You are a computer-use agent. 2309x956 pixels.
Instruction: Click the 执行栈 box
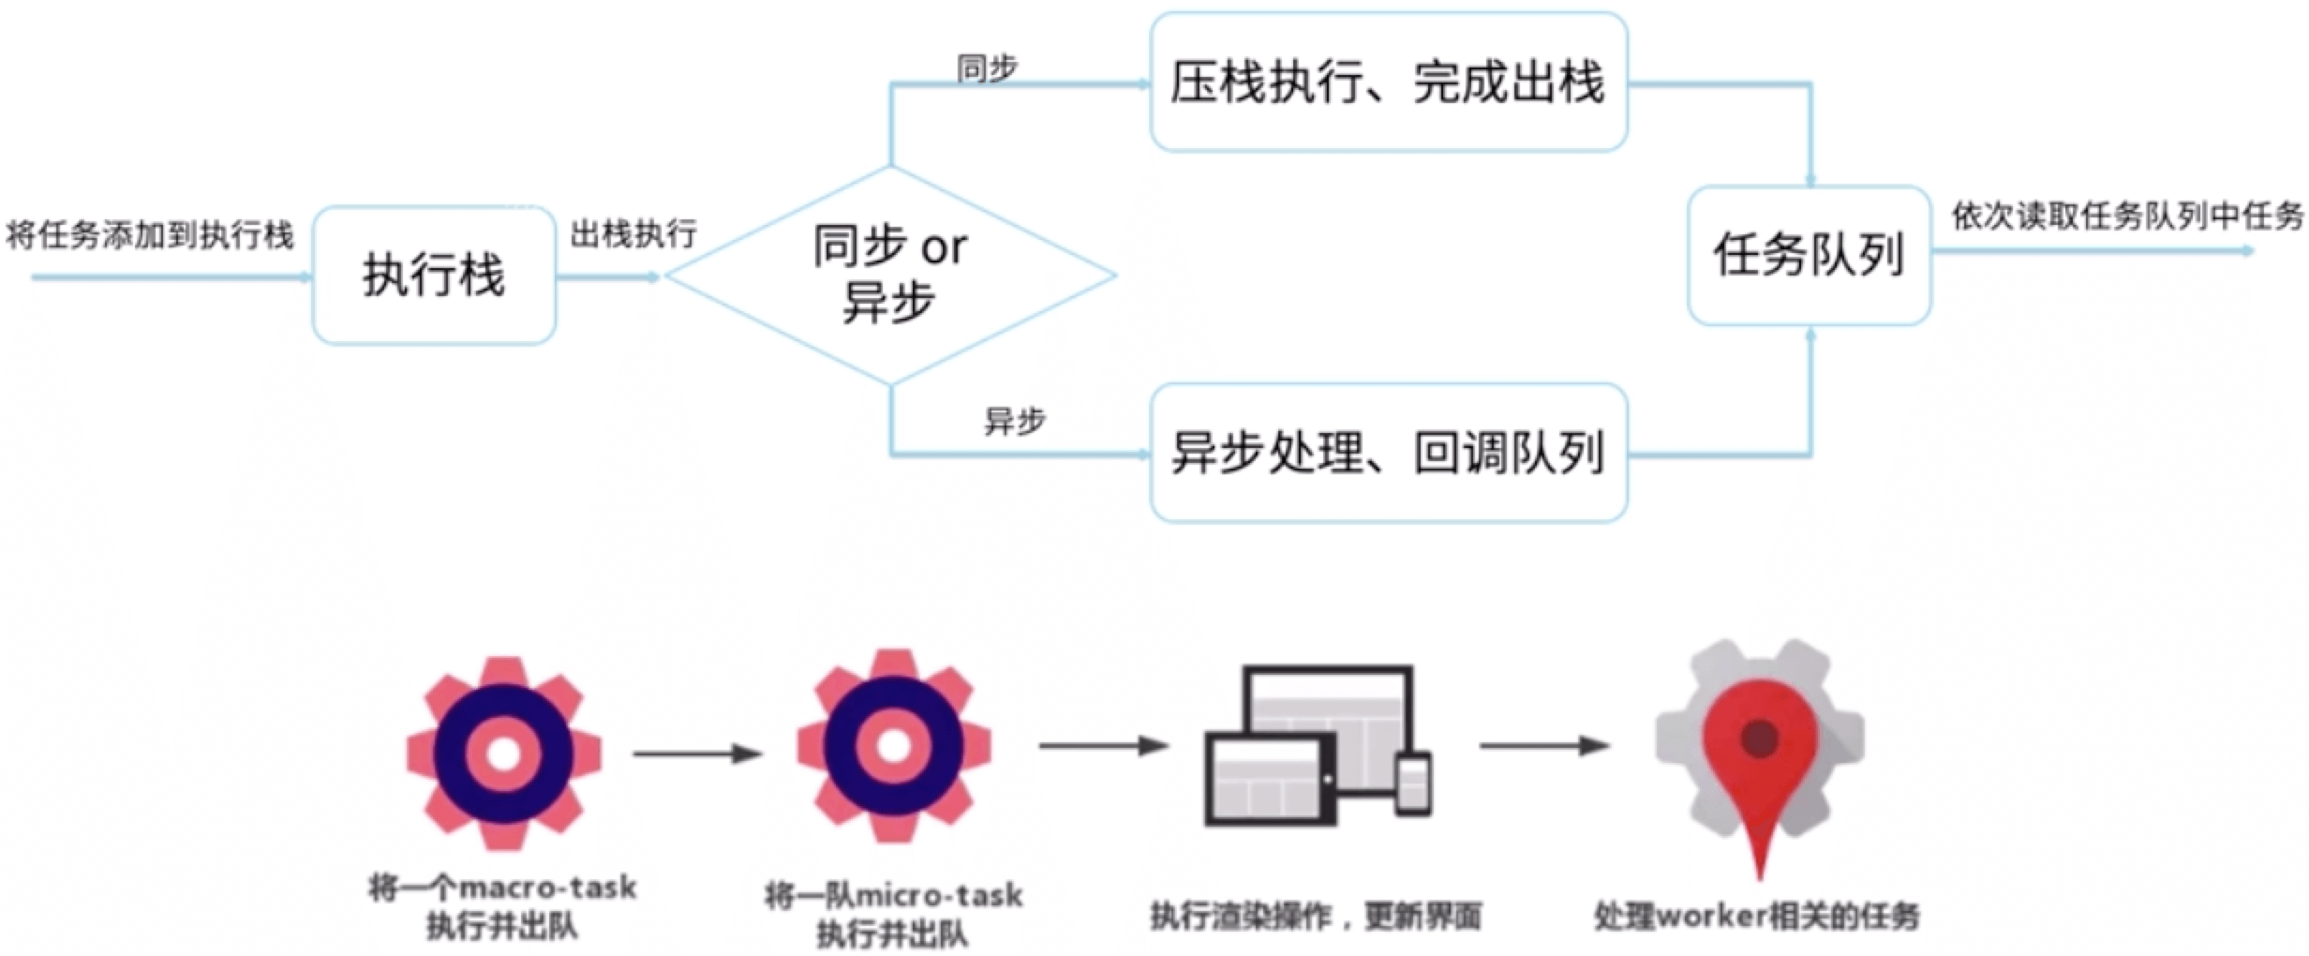(434, 276)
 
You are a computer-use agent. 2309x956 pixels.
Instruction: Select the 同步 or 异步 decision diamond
(889, 275)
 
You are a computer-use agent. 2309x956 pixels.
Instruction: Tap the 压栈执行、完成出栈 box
(1388, 82)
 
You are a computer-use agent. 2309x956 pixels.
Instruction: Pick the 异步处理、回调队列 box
(1388, 453)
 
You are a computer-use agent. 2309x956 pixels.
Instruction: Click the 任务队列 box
(1809, 255)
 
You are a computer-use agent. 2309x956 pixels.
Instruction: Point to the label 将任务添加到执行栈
(150, 235)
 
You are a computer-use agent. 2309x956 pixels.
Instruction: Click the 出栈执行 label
(633, 233)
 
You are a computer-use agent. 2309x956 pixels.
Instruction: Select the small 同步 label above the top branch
(987, 67)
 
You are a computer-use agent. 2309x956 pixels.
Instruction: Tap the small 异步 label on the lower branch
(1014, 421)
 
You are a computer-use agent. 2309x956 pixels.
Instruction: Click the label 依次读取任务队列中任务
(2127, 217)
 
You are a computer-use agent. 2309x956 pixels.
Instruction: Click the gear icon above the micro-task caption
(893, 746)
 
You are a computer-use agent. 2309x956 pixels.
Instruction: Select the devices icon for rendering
(1317, 746)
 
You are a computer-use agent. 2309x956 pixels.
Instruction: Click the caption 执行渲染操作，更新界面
(1315, 916)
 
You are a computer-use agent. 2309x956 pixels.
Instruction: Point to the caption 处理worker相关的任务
(1757, 916)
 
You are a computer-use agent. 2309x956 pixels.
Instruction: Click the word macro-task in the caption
(548, 887)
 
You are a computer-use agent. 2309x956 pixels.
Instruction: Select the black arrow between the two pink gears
(697, 753)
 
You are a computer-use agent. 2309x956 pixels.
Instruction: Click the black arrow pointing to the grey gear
(1544, 746)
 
